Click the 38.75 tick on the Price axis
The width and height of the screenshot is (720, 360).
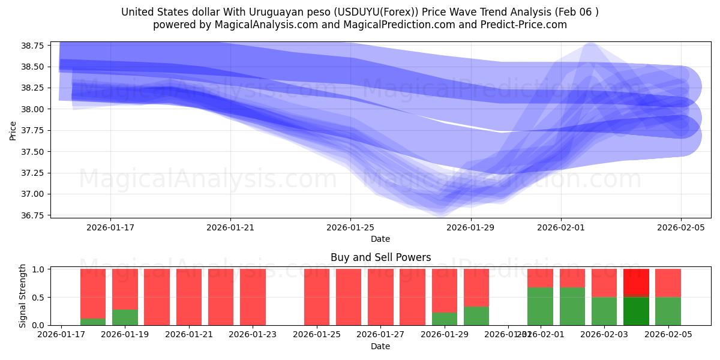[x=34, y=46]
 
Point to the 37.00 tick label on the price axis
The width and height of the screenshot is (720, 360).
[x=34, y=194]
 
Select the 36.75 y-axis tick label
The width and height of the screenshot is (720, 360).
[x=34, y=215]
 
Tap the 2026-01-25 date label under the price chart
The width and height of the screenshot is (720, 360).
[x=350, y=227]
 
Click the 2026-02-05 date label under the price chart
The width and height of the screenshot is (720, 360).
[x=680, y=227]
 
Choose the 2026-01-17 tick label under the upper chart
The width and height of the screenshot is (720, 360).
[x=110, y=227]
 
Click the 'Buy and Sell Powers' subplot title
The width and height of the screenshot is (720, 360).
[x=380, y=257]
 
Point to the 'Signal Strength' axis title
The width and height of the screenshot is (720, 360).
[x=23, y=296]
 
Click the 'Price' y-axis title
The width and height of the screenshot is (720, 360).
[x=13, y=130]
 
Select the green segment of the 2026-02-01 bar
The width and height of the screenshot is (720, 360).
[x=540, y=306]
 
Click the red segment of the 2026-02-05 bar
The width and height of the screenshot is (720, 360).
[x=668, y=283]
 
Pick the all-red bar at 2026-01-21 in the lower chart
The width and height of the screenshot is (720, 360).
[x=189, y=297]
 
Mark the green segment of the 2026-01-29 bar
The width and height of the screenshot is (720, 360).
[x=445, y=319]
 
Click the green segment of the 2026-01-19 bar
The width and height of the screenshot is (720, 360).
[x=125, y=317]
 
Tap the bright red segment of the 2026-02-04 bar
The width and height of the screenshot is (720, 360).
[x=636, y=282]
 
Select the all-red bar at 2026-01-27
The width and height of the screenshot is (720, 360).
[x=380, y=297]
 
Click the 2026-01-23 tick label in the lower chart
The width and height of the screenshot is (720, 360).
[x=253, y=335]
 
